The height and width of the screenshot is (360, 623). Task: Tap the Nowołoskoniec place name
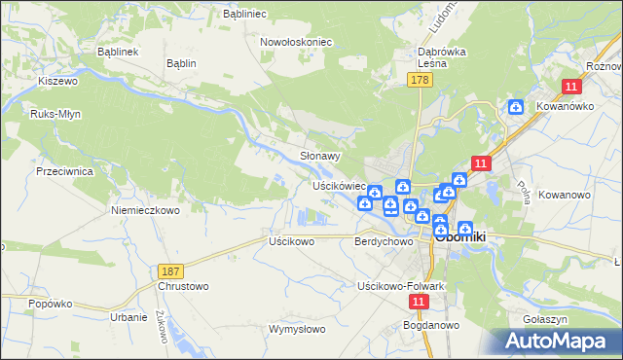[x=297, y=43]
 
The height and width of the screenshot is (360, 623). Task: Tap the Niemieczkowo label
[x=146, y=210]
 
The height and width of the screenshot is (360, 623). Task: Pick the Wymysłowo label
[x=297, y=329]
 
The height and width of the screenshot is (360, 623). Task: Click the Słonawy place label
[x=319, y=156]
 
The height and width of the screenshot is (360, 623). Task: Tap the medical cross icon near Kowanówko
[x=516, y=108]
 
